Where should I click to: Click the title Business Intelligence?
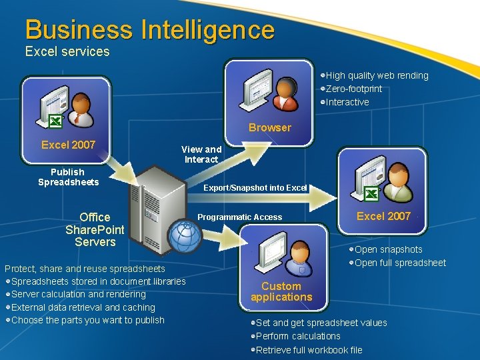point(149,30)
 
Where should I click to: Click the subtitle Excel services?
point(67,51)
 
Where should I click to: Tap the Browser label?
point(269,127)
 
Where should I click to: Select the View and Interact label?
point(201,154)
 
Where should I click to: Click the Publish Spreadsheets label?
point(68,177)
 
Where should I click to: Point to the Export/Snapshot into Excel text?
point(255,188)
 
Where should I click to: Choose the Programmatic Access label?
point(239,217)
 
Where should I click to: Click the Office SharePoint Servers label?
point(95,229)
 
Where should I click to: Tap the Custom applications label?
point(281,291)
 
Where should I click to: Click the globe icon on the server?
point(183,235)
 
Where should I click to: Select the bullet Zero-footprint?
point(353,89)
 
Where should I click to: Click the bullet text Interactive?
point(347,102)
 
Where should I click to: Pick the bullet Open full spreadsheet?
point(400,263)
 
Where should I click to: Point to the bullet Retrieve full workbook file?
point(309,349)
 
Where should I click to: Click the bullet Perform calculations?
point(297,336)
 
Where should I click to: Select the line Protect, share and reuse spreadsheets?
point(85,269)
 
